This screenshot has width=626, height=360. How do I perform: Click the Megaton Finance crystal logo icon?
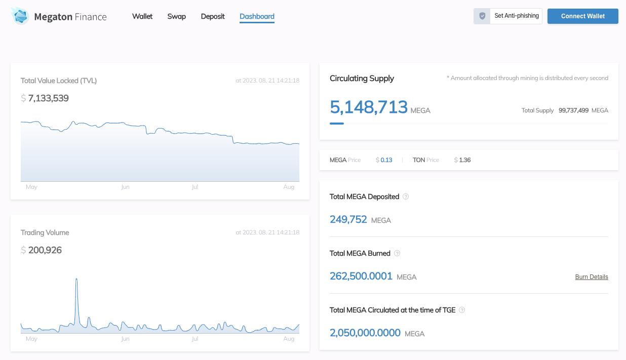coord(20,16)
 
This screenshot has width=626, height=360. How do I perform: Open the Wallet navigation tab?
coord(142,16)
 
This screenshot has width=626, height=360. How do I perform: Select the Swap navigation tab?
coord(176,16)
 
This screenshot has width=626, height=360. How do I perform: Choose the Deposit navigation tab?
coord(213,16)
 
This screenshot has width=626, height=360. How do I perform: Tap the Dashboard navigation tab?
coord(257,16)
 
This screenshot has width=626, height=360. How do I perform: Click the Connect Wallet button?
coord(582,16)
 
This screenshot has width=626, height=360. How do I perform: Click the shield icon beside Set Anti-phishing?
coord(482,16)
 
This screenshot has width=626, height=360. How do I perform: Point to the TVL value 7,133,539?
coord(48,98)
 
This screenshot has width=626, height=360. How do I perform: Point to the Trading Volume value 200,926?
coord(45,250)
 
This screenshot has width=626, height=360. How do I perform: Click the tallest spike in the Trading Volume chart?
coord(76,280)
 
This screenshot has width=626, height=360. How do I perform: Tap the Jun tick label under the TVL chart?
coord(125,187)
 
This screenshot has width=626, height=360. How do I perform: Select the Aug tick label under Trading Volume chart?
coord(289,339)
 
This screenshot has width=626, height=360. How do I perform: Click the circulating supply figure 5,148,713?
coord(368,107)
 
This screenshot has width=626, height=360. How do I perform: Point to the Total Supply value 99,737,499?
coord(573,110)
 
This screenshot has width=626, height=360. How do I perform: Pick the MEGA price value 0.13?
coord(386,160)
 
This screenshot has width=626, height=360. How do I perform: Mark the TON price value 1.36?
coord(464,160)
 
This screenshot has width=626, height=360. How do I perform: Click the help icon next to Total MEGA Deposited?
coord(406,196)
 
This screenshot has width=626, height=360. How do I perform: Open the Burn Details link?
coord(592,277)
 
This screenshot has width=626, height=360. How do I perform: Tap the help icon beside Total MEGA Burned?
coord(397,253)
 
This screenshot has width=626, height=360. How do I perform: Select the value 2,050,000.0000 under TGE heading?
coord(365,333)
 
